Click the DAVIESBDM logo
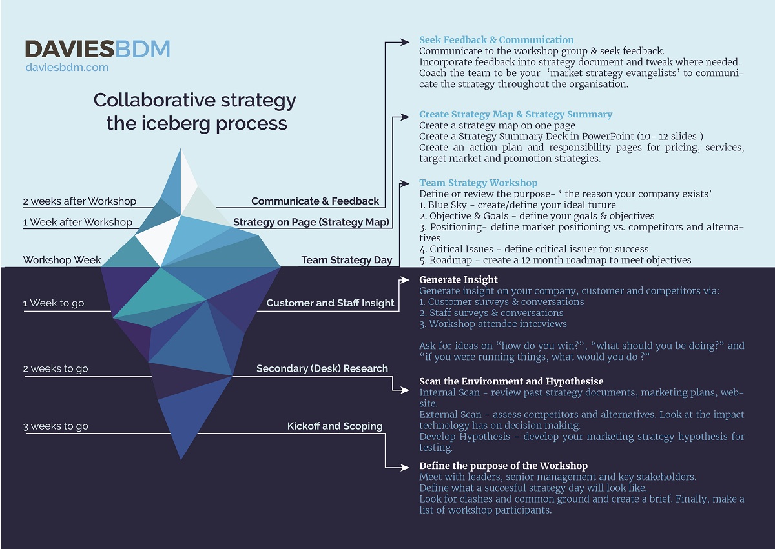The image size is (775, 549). coord(98,48)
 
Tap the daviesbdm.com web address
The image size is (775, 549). coord(67,67)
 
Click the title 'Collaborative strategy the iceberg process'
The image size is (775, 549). coord(195,111)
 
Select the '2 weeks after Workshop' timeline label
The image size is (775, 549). coord(79,201)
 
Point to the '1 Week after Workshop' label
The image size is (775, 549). coord(77,222)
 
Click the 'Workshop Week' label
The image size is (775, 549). coord(62,260)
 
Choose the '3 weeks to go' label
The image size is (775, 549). coord(56,426)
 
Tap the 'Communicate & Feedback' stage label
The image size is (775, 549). coord(315,201)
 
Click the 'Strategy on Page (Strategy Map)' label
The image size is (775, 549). coord(312,223)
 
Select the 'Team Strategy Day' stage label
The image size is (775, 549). coord(347,260)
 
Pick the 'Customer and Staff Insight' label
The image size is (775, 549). coord(330,303)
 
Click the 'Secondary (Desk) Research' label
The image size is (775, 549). coord(322,368)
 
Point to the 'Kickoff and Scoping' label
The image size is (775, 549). coord(335,426)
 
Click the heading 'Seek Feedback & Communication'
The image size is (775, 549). coord(496,40)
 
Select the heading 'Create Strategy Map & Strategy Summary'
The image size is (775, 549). coord(515,114)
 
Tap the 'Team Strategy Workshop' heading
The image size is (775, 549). coord(478,183)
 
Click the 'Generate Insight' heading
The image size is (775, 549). coord(458,279)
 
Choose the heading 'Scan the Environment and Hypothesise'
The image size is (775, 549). coord(511,381)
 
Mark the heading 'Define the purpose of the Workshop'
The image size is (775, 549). coord(503,466)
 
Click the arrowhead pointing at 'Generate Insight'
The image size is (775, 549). coord(406,280)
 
